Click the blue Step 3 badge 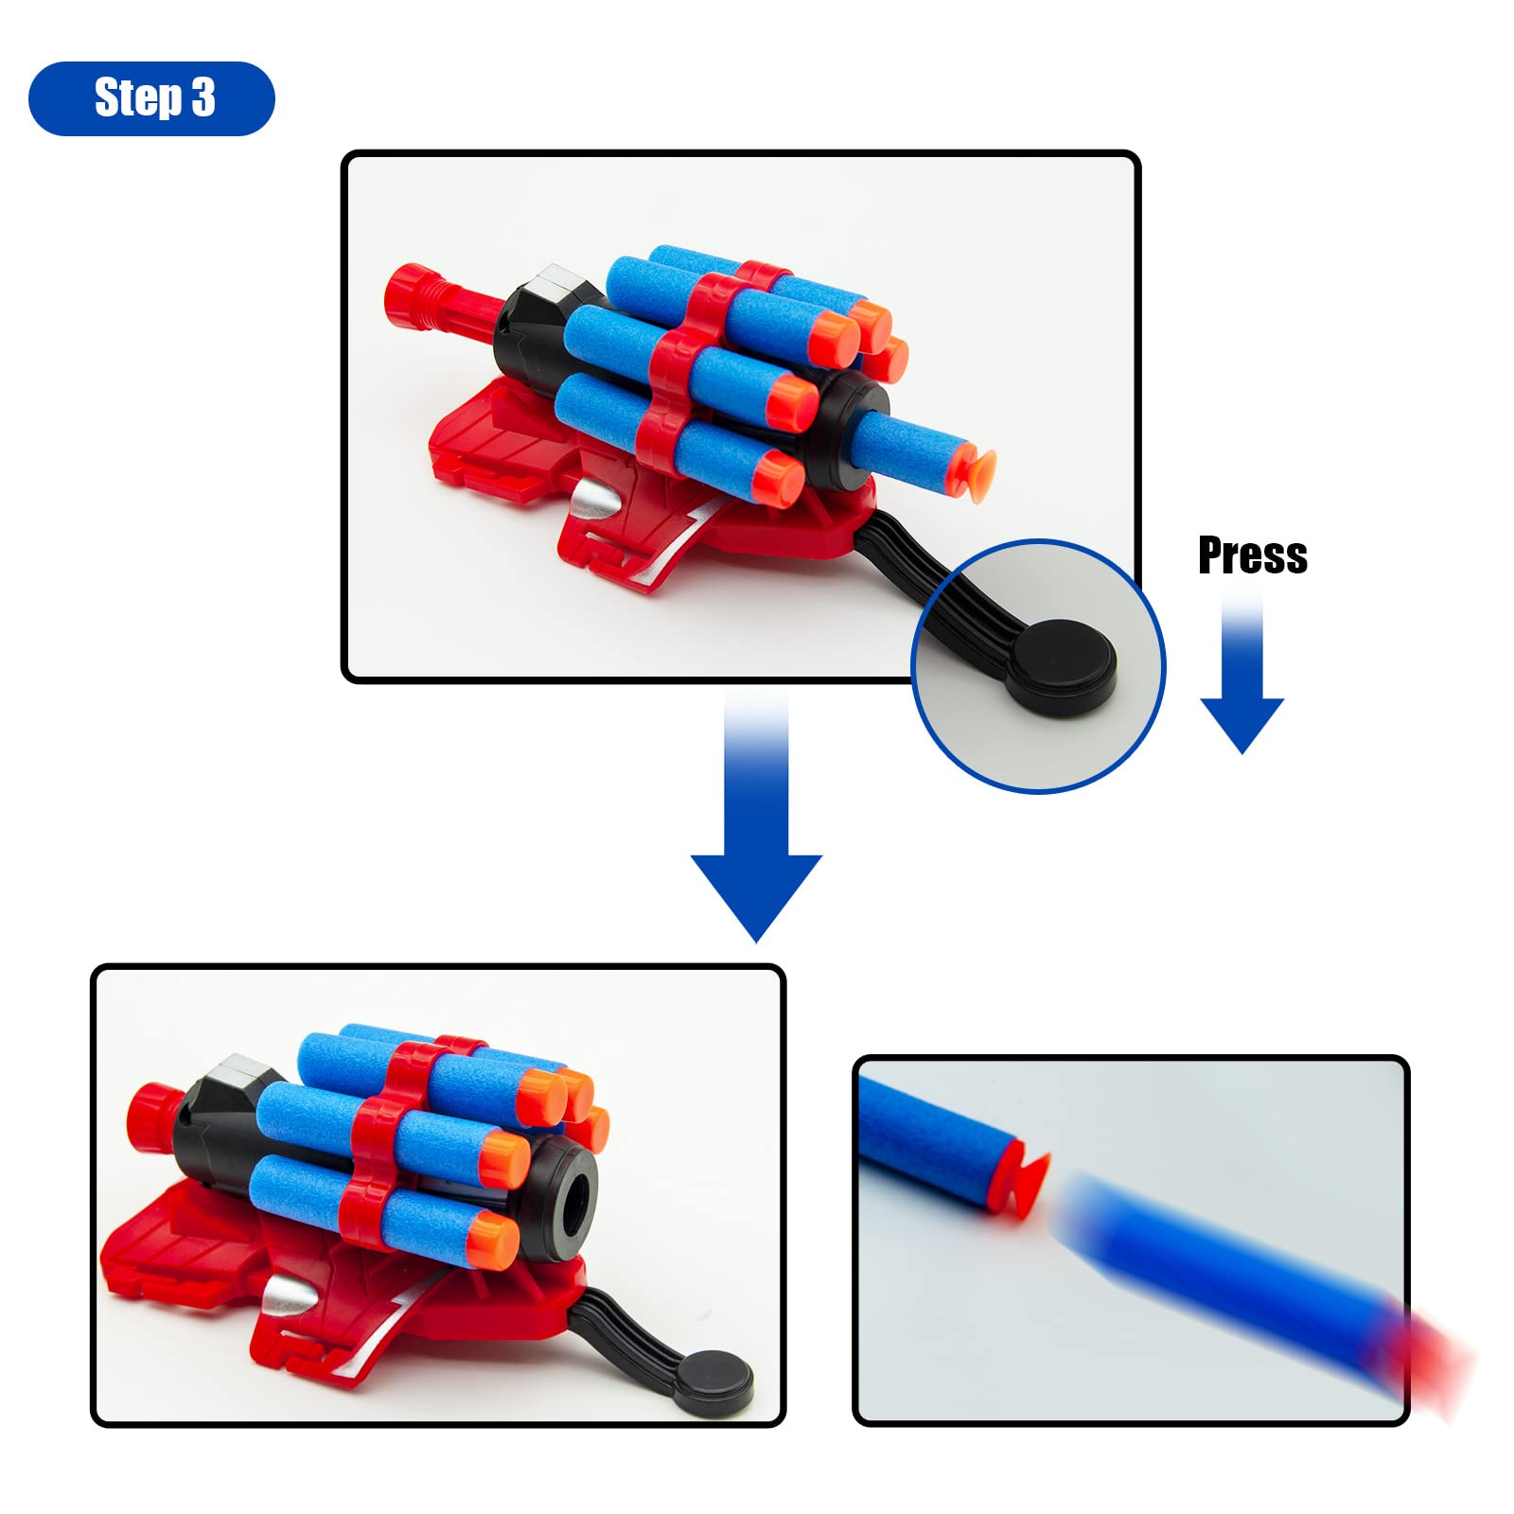151,98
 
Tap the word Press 1252,555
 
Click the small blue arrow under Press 1241,675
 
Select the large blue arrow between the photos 756,814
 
